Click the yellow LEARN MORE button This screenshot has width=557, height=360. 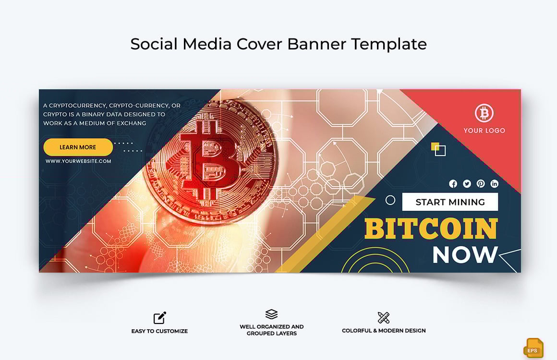(78, 147)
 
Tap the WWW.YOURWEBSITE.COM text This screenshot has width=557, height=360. (78, 161)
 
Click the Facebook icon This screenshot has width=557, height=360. (453, 184)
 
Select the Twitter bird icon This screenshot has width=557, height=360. (467, 184)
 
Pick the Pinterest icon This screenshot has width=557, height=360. (481, 184)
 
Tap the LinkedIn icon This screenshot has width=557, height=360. (494, 184)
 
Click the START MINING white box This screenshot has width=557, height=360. (450, 202)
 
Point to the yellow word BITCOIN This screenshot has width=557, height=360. (431, 229)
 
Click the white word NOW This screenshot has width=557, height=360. (465, 255)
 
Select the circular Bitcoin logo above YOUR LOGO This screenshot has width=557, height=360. (484, 113)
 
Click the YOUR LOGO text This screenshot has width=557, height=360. (484, 131)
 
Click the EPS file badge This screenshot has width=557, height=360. (533, 348)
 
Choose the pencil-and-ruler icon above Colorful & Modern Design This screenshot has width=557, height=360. (383, 318)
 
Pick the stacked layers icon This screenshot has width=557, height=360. (271, 314)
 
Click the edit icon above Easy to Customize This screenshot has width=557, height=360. (159, 318)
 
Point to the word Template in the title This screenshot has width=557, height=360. (389, 44)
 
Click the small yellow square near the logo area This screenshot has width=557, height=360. (435, 146)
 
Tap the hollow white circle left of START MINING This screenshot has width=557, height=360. (390, 200)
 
